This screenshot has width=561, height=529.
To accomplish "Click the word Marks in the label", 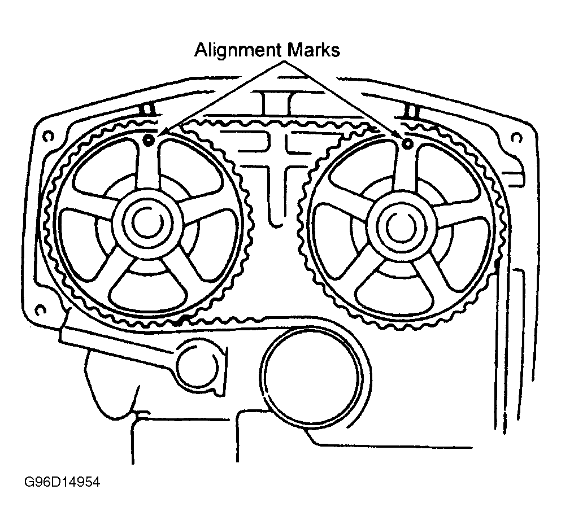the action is [x=313, y=51].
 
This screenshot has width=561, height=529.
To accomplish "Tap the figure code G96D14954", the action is [x=62, y=484].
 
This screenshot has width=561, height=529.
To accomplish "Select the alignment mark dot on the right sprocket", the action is [x=406, y=143].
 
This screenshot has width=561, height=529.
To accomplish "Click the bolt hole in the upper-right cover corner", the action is [x=515, y=137].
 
